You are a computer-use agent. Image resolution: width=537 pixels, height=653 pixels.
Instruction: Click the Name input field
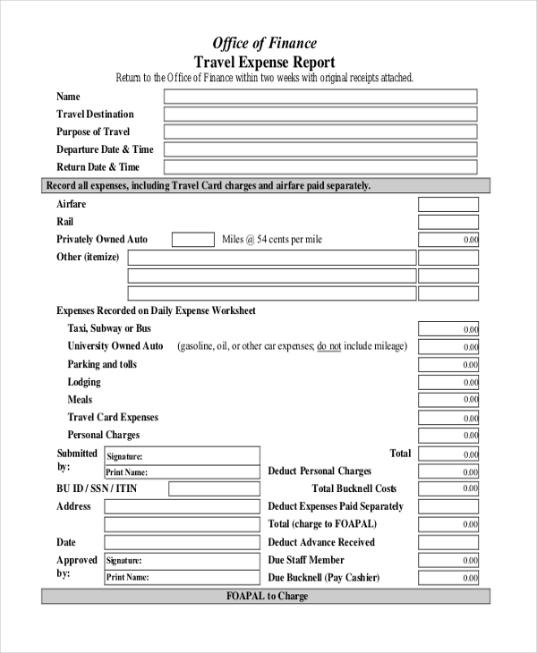point(320,97)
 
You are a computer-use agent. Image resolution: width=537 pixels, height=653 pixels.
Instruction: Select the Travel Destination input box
point(320,114)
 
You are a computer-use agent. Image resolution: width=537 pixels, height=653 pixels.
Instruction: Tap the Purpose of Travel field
point(320,132)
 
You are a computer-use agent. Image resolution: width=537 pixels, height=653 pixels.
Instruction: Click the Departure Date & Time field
point(320,150)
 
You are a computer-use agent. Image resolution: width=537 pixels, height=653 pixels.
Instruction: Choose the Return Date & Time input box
point(320,167)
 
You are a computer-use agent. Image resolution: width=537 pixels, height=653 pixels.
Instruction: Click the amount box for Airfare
point(448,205)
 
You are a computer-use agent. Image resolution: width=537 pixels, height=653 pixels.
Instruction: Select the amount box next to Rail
point(448,222)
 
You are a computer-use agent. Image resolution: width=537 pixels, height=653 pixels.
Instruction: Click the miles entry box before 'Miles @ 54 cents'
point(192,240)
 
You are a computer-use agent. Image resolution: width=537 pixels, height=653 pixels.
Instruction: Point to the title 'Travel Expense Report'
point(264,62)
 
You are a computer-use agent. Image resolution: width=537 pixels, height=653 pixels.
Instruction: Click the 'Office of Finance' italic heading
point(264,43)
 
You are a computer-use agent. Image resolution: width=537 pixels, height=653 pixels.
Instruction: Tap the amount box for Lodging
point(448,383)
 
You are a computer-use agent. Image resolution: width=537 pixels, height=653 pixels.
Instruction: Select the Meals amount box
point(448,400)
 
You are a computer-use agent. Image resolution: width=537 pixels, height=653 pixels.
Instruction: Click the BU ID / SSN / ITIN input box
point(214,489)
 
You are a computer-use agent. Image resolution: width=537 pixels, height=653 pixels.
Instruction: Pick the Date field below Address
point(182,542)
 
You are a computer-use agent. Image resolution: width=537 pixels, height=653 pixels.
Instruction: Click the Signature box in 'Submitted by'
point(182,455)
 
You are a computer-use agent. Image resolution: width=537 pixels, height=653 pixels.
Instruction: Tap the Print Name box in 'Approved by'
point(182,577)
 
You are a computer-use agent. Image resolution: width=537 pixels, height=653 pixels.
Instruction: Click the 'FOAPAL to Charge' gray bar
point(266,597)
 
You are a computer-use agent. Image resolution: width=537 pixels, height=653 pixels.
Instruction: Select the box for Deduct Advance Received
point(448,542)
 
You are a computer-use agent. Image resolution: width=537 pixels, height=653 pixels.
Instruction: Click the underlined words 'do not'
point(328,346)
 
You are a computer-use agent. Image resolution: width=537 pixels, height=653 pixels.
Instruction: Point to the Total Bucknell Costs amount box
point(448,489)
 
